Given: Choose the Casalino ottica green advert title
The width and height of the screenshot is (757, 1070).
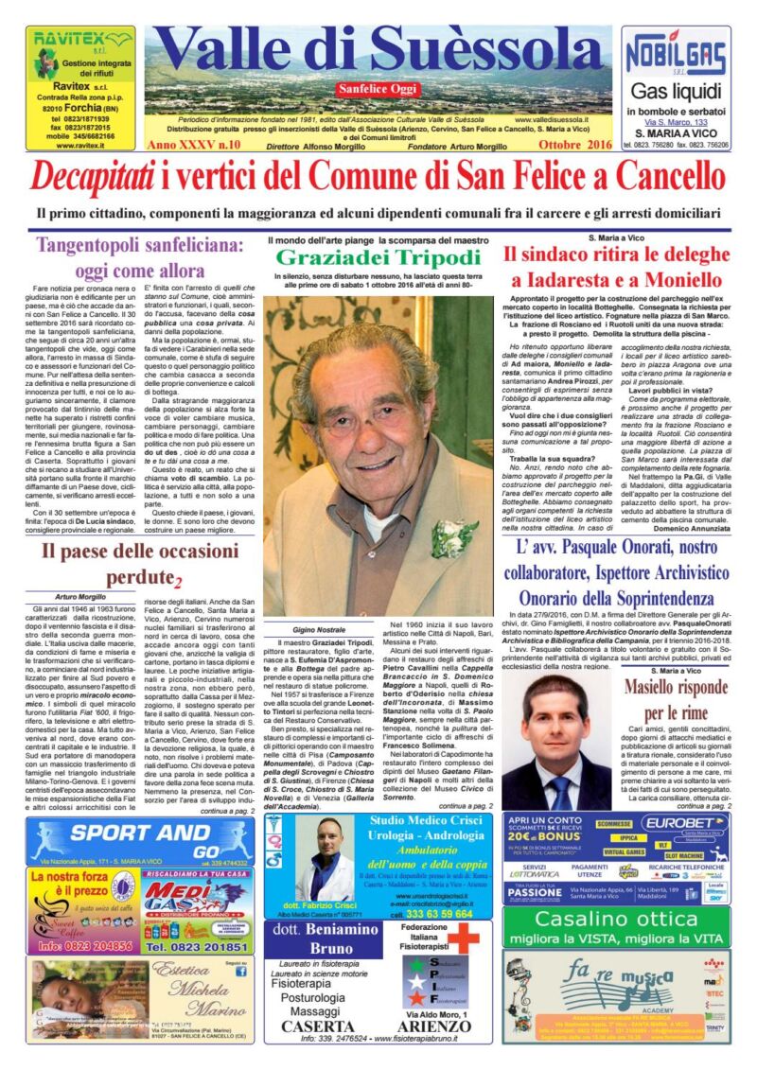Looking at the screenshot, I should pyautogui.click(x=616, y=919).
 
